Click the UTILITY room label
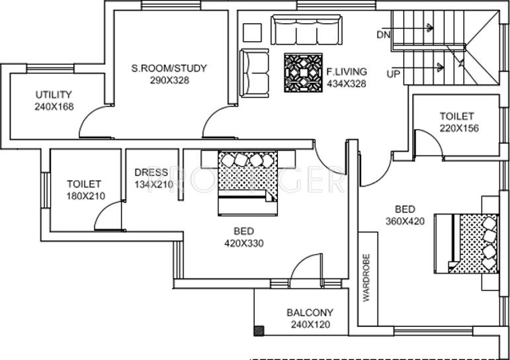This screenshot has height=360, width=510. click(54, 95)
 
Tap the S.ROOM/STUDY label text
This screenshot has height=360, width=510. click(169, 67)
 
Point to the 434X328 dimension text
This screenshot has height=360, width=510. click(347, 83)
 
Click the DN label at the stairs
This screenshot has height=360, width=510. click(383, 34)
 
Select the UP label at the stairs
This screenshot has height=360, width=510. click(393, 73)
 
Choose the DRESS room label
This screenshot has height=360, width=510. click(151, 173)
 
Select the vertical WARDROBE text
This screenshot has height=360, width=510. click(366, 277)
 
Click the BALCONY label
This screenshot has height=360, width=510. click(310, 313)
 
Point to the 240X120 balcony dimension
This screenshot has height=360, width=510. click(310, 324)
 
